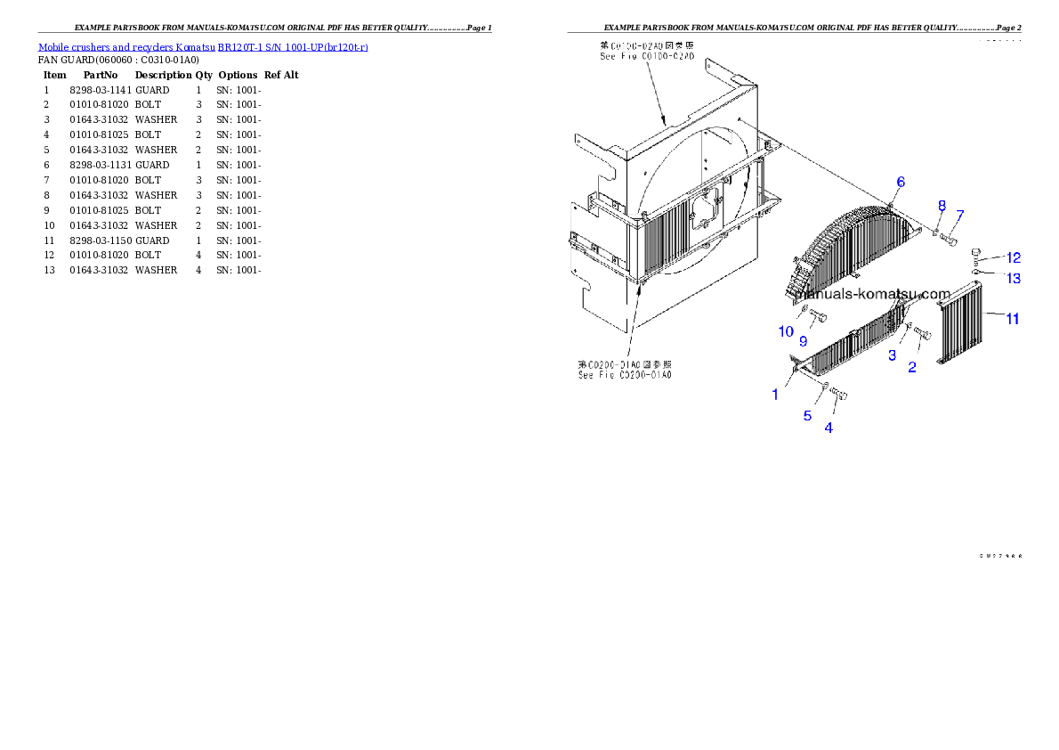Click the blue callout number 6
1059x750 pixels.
[901, 182]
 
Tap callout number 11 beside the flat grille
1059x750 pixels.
[1012, 318]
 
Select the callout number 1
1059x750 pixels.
[775, 395]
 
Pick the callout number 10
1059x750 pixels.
[786, 331]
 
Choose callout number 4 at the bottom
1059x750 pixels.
[829, 428]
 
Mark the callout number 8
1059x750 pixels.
[942, 206]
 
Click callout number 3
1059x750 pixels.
[892, 355]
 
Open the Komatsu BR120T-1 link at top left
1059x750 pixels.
[203, 46]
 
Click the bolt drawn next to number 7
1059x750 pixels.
[949, 237]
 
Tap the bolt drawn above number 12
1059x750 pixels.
[977, 252]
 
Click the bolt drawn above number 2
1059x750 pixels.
[923, 335]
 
